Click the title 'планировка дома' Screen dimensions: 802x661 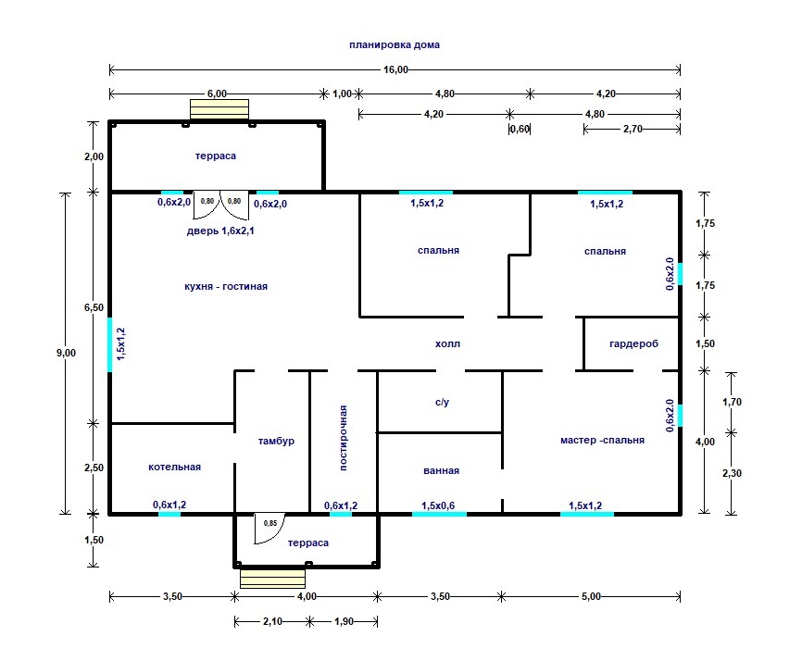(395, 45)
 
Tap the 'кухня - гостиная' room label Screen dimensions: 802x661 (226, 286)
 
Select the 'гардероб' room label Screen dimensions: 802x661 (633, 344)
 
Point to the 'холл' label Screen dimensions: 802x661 (447, 344)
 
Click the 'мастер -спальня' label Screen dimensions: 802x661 (602, 440)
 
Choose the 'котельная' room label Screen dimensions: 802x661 (174, 467)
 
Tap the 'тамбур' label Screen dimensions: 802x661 (276, 441)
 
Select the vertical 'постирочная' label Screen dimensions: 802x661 (344, 438)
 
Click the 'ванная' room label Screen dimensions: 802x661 (441, 471)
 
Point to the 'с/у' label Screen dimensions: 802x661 (443, 403)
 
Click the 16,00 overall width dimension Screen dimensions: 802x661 (395, 69)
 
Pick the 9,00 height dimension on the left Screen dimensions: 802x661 (66, 353)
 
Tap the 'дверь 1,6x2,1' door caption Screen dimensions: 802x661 (220, 231)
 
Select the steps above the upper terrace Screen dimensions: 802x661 (219, 109)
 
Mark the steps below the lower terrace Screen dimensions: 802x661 (272, 579)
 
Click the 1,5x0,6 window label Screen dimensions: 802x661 (438, 505)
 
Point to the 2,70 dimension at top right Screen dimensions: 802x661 (633, 129)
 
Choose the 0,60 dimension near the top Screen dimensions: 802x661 (520, 129)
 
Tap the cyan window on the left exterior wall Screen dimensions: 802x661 (109, 344)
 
